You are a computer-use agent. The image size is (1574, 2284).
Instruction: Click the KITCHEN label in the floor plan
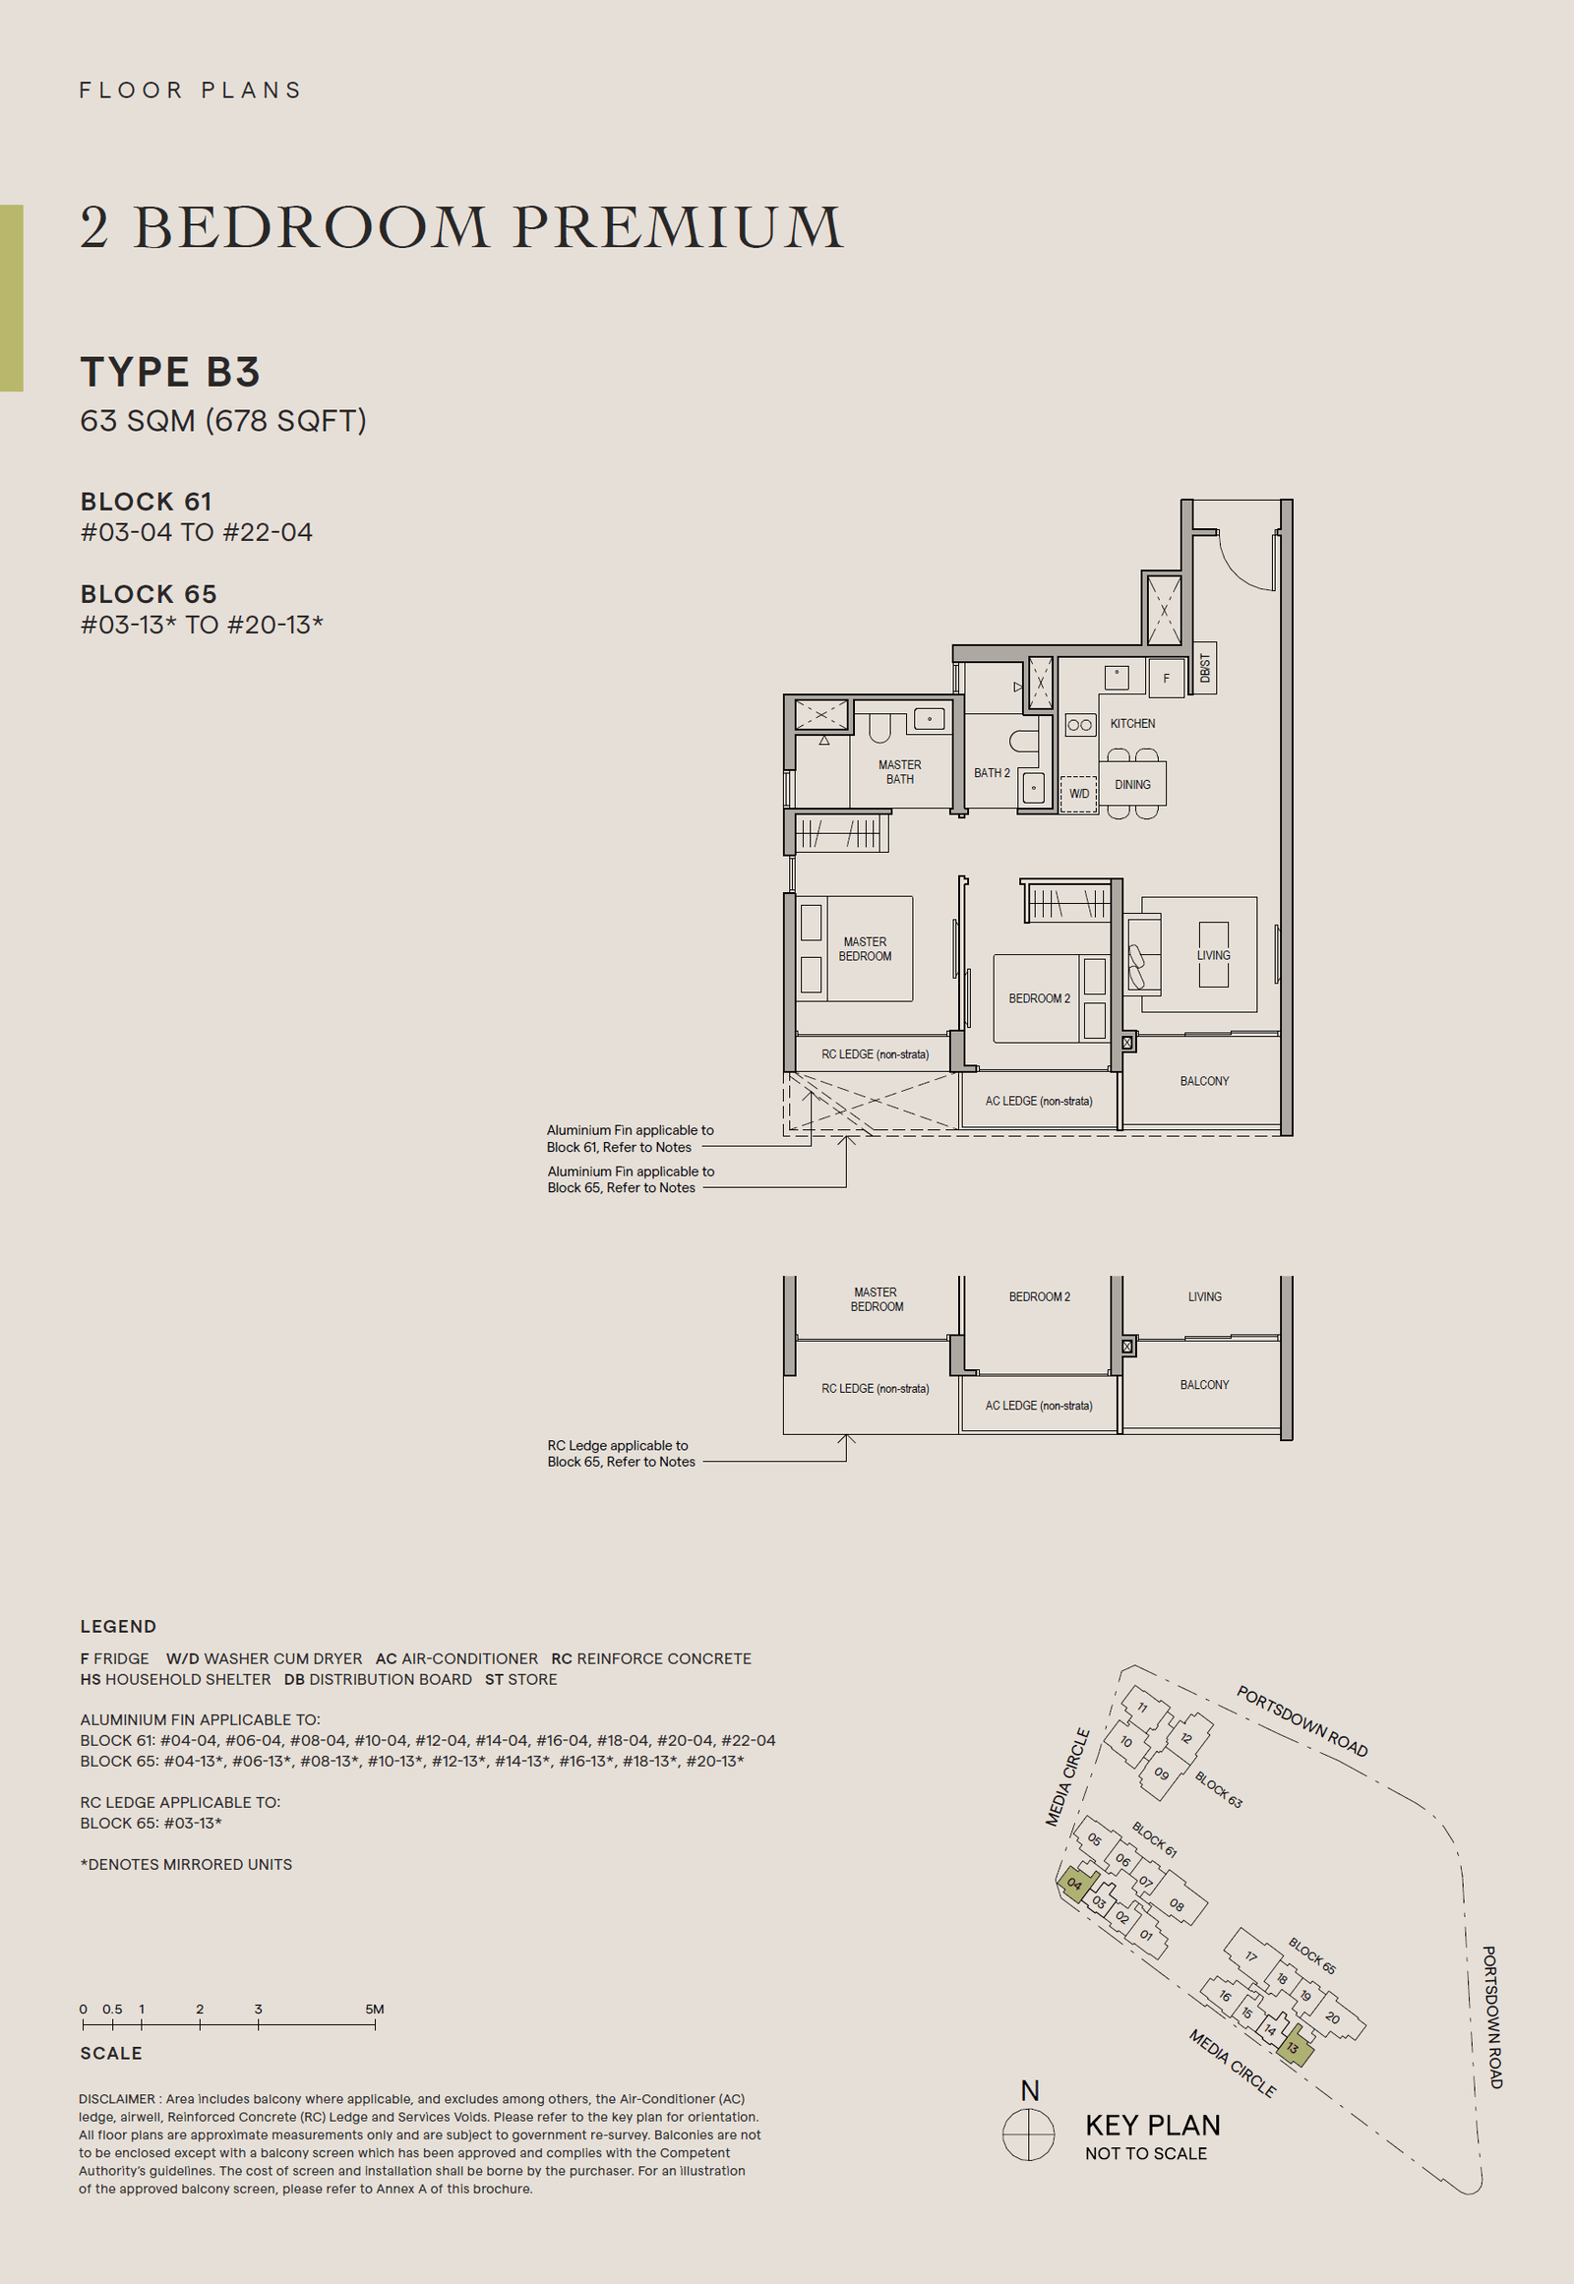coord(1132,724)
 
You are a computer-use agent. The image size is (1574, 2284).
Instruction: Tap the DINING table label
coord(1132,785)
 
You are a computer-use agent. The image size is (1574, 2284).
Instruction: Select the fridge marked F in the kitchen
coord(1166,679)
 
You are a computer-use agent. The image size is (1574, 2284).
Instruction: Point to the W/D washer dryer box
coord(1079,794)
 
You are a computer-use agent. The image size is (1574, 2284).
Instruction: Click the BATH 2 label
coord(992,773)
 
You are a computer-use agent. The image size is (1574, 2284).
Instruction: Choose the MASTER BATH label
coord(899,772)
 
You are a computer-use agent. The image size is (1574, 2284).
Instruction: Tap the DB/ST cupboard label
coord(1204,669)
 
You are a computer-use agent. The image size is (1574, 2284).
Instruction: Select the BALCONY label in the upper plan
coord(1204,1082)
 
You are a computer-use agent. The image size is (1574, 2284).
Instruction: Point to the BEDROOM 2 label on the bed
coord(1039,999)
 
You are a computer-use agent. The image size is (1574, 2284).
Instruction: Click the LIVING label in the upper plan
coord(1213,956)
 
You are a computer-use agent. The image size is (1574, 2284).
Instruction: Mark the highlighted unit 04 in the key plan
coord(1075,1885)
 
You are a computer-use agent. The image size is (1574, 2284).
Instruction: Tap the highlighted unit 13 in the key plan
coord(1294,2048)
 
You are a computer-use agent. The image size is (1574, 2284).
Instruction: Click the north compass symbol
coord(1029,2135)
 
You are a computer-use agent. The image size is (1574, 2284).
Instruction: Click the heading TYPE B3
coord(170,373)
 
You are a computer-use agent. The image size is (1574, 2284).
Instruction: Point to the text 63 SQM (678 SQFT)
coord(223,421)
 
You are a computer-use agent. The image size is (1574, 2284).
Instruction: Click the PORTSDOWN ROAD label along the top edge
coord(1302,1722)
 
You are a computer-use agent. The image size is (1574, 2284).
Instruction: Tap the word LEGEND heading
coord(118,1627)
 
